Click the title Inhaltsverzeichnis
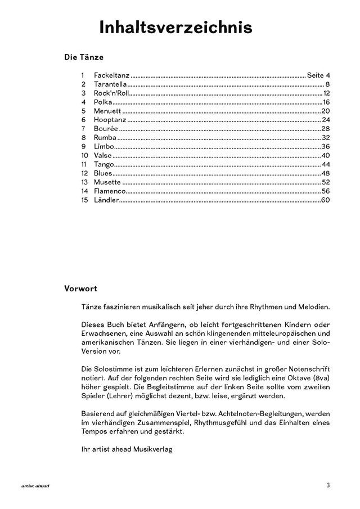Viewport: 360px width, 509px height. click(175, 28)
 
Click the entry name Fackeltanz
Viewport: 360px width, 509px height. click(111, 75)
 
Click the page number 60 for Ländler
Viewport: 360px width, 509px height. click(325, 200)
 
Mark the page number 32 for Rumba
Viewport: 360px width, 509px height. click(325, 138)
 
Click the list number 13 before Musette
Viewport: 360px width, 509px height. click(84, 182)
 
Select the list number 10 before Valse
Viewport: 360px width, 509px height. click(84, 155)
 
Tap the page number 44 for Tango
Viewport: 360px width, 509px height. click(325, 164)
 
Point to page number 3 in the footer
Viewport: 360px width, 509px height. click(327, 485)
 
